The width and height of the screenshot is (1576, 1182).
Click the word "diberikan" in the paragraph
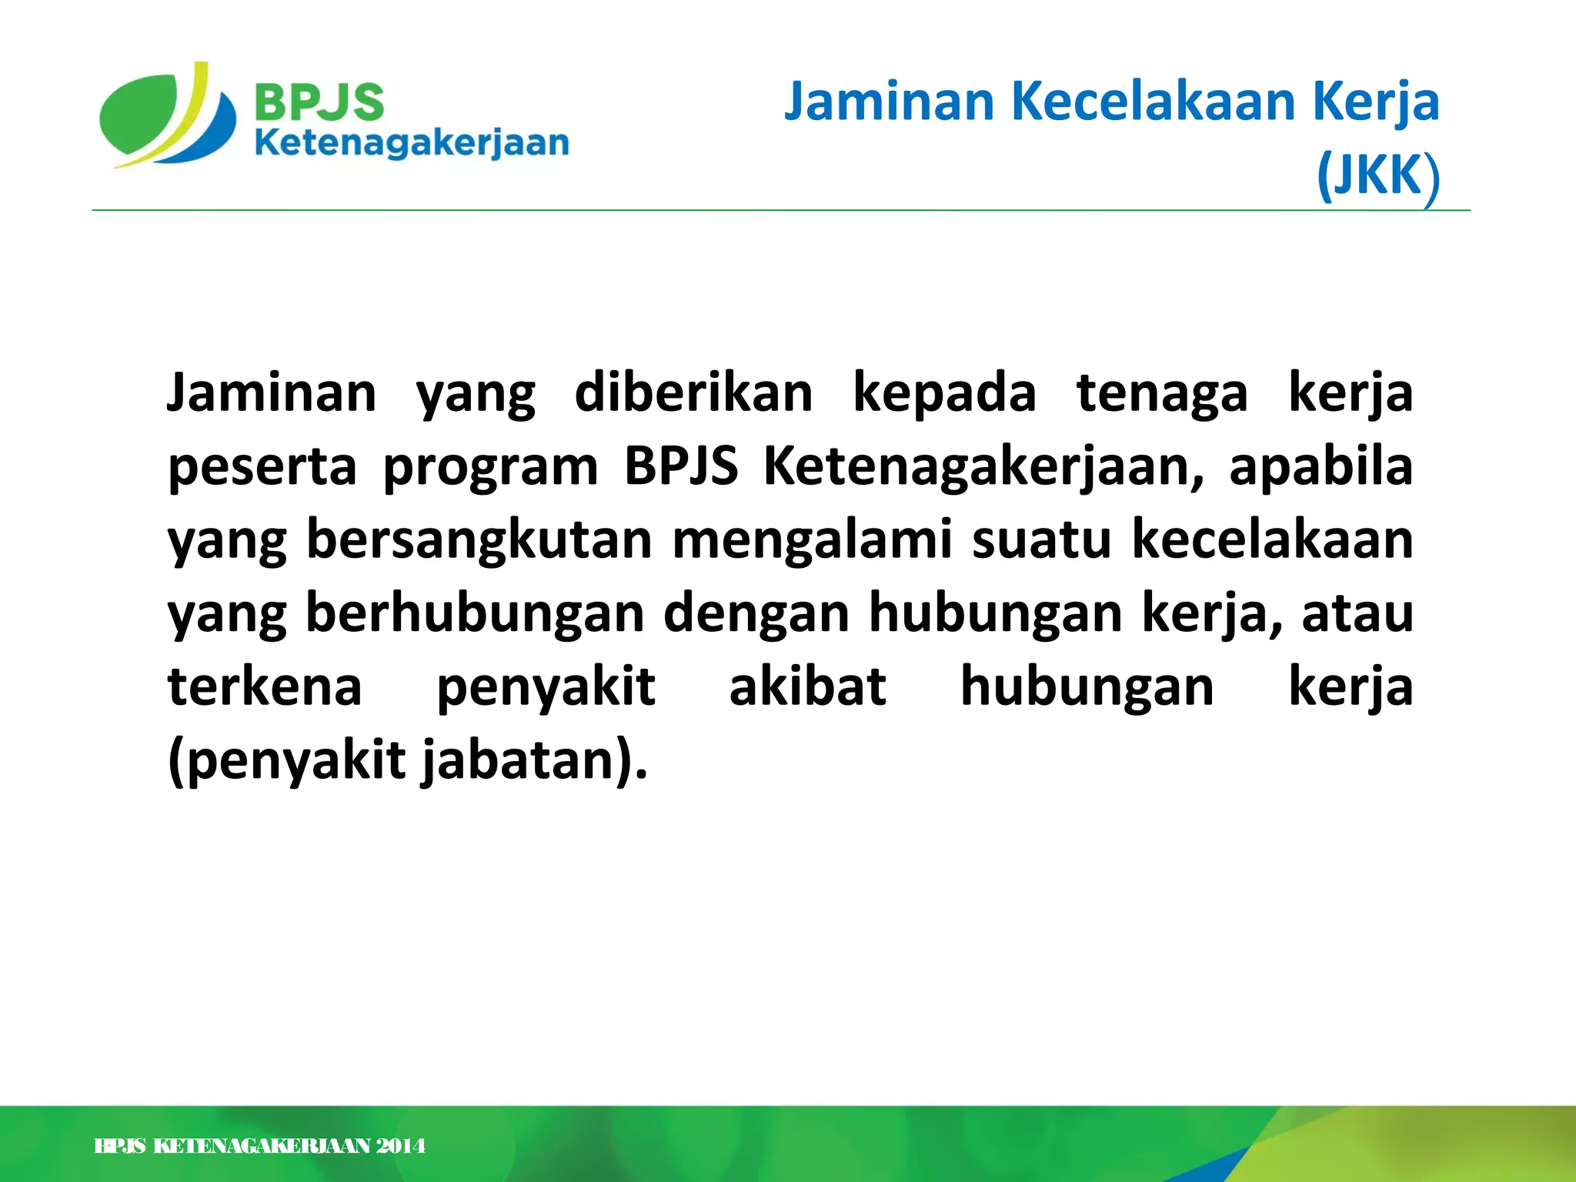click(x=693, y=393)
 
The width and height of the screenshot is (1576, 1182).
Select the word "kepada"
click(x=944, y=393)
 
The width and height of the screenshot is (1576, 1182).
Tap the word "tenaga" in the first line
click(x=1161, y=393)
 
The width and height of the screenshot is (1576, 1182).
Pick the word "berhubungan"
click(x=475, y=613)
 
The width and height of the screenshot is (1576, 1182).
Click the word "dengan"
click(x=756, y=613)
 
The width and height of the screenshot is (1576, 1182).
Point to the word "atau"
click(x=1357, y=613)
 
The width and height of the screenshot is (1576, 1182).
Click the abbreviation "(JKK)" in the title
click(x=1377, y=175)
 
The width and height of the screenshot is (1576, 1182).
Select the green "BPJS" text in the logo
click(x=319, y=102)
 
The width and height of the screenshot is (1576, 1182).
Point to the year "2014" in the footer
click(x=400, y=1146)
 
